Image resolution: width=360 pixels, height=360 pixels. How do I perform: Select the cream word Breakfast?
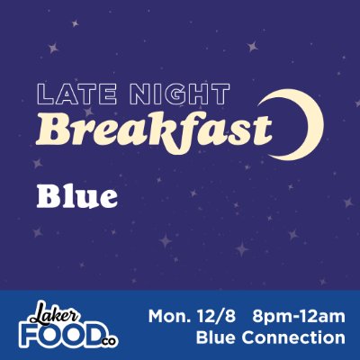click(154, 130)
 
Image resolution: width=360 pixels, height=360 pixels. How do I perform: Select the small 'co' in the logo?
click(109, 341)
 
